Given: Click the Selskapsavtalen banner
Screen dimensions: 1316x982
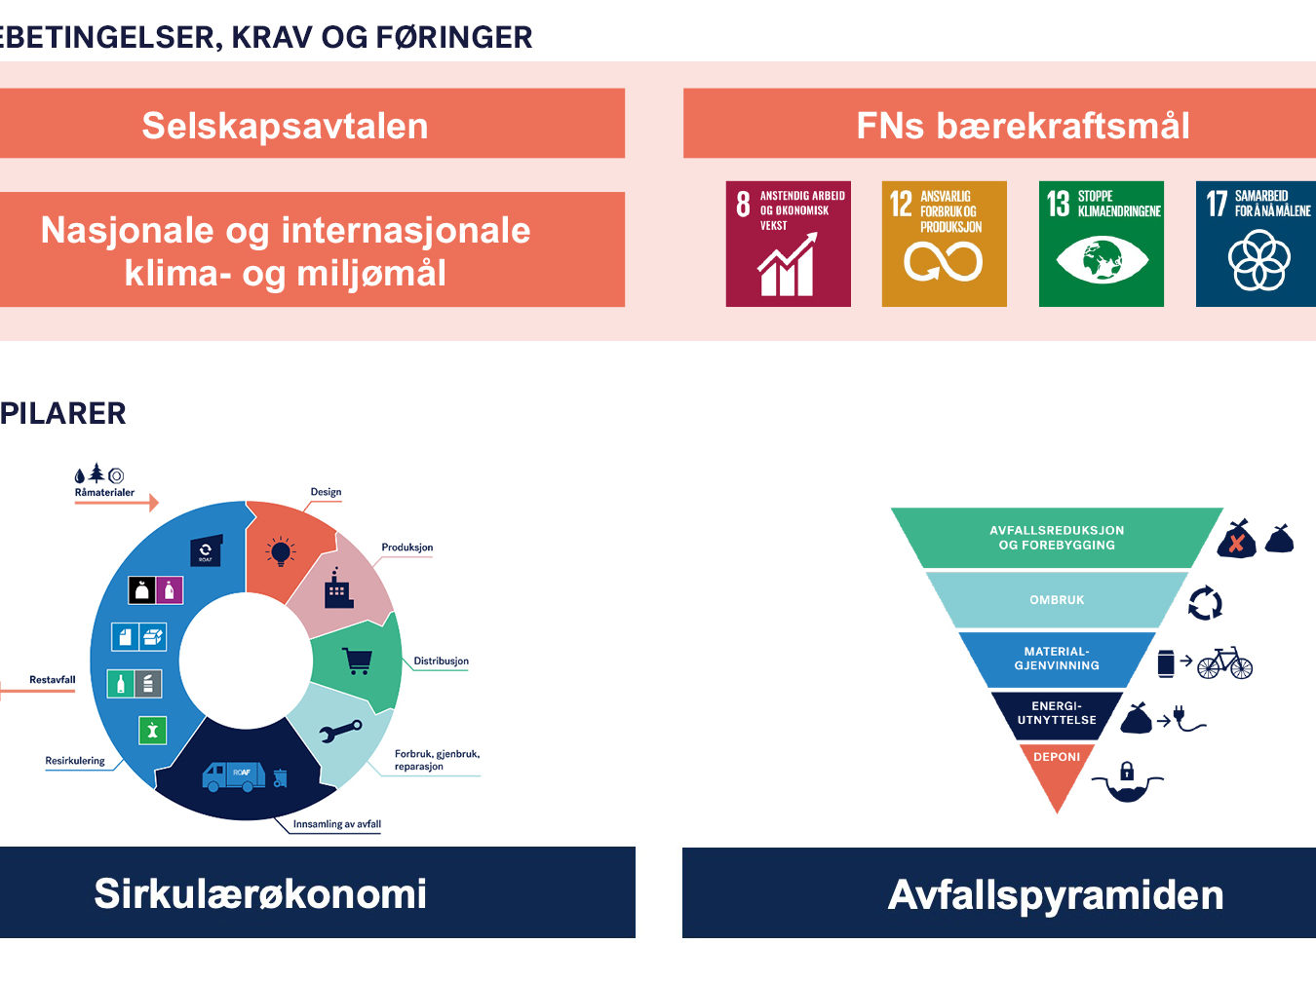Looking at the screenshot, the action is coord(312,124).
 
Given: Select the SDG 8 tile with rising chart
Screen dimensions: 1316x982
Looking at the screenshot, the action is coord(789,244).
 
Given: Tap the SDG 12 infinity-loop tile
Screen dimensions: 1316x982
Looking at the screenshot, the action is coord(945,244).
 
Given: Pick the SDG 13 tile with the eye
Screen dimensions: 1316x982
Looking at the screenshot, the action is coord(1102,244).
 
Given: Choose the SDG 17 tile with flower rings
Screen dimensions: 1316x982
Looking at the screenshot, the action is coord(1256,244).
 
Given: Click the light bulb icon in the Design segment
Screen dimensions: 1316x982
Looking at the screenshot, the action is coord(280,551).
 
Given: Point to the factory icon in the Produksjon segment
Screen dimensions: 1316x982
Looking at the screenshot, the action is coord(338,588).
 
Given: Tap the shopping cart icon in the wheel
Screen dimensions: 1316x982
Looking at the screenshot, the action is coord(357,661).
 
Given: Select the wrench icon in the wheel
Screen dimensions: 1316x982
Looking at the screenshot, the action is coord(340,731).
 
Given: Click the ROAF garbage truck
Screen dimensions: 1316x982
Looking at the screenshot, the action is coord(234,777).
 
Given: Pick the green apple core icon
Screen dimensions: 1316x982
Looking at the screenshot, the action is coord(152,731).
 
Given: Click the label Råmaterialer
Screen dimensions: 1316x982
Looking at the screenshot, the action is coord(104,493).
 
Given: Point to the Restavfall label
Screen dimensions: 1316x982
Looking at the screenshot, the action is coord(53,679).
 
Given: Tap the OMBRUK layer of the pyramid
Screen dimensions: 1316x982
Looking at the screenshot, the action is coord(1057,600).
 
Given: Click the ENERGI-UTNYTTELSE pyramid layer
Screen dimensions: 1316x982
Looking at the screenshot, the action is coord(1057,713).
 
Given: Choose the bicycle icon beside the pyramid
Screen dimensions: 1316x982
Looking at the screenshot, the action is coord(1225,662).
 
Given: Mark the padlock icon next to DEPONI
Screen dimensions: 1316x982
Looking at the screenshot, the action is coord(1127,771).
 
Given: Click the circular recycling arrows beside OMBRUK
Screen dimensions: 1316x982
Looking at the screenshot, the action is coord(1205,603).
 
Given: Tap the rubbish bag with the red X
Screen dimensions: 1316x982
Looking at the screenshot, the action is coord(1236,540).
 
